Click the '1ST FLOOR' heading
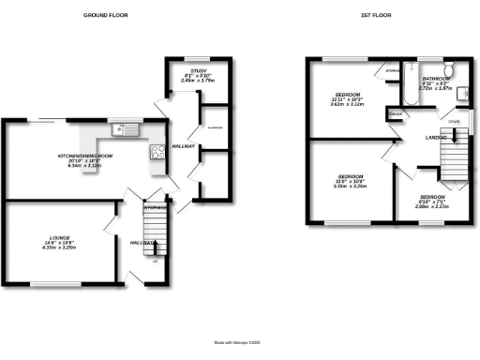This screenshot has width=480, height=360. click(376, 16)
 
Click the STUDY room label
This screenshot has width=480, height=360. click(198, 70)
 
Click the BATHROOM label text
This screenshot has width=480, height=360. click(438, 79)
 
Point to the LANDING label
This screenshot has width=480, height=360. click(436, 137)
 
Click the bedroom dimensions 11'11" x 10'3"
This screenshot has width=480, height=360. click(347, 99)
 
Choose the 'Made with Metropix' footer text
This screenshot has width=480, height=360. click(240, 342)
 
